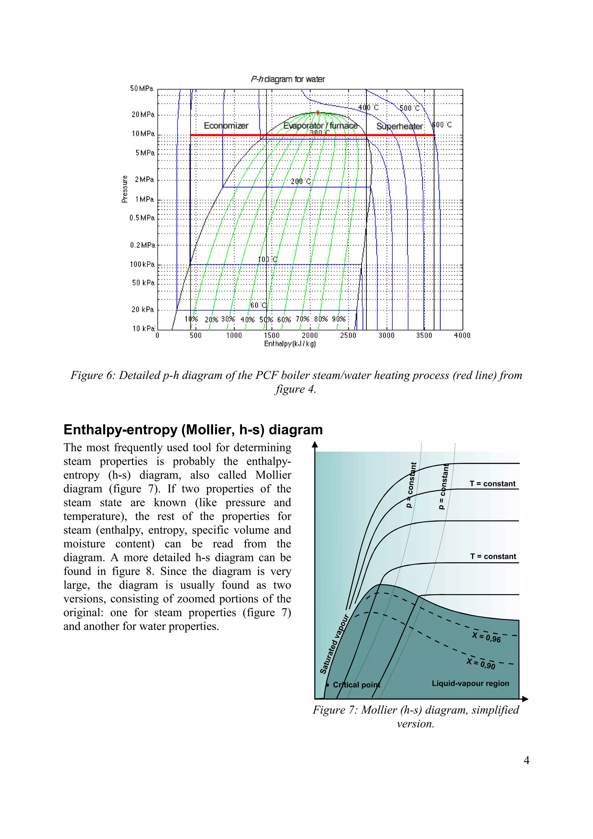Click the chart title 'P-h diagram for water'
coord(288,79)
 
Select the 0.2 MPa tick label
coord(142,245)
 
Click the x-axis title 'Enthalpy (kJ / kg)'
coord(290,344)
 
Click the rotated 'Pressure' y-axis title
coord(125,189)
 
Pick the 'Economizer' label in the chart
coord(226,126)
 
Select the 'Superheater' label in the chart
coord(400,127)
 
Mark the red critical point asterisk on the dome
coord(318,113)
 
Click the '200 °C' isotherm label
coord(300,181)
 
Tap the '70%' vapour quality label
coord(303,319)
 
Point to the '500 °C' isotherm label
coord(410,108)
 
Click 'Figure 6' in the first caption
coord(91,375)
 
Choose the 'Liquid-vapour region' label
coord(470,683)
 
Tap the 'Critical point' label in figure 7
coord(356,685)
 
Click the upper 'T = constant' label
coord(492,484)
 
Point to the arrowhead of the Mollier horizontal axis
coord(526,699)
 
